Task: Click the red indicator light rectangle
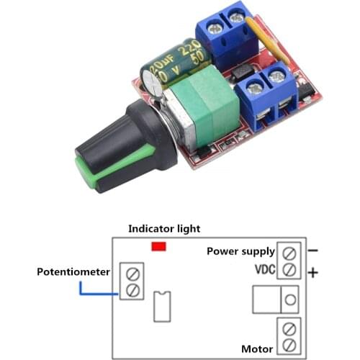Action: point(159,246)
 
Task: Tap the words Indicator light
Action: point(164,228)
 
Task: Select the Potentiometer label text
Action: point(73,271)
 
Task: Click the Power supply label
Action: point(240,251)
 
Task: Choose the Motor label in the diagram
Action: point(257,349)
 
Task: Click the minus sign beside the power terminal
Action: point(312,251)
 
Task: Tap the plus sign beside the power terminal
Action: point(313,273)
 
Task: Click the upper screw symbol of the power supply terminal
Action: point(289,253)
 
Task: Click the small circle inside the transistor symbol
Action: point(289,298)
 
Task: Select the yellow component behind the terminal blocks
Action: point(261,40)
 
